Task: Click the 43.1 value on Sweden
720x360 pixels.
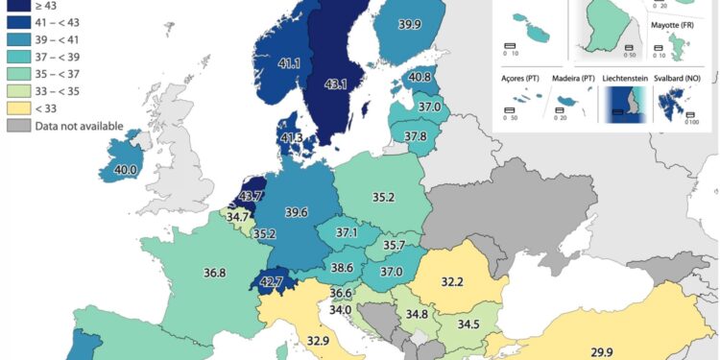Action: point(336,84)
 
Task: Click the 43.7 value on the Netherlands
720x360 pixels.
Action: point(251,197)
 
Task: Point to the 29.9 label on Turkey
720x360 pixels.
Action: point(601,352)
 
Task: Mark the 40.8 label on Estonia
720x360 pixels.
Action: point(420,77)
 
